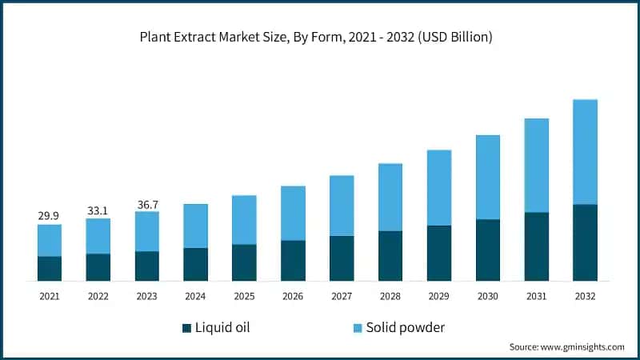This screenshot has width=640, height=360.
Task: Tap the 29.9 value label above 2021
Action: pyautogui.click(x=50, y=216)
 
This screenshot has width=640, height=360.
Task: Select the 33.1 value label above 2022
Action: pyautogui.click(x=98, y=210)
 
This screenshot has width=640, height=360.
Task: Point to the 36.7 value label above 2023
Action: pyautogui.click(x=146, y=204)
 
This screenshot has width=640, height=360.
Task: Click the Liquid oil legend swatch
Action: pyautogui.click(x=187, y=328)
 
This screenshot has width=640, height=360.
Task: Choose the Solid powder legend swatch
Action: pyautogui.click(x=358, y=328)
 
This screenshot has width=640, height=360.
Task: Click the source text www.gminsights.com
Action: pyautogui.click(x=566, y=347)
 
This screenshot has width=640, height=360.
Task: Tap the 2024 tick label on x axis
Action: pyautogui.click(x=195, y=296)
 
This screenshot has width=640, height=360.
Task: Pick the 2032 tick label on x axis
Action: pyautogui.click(x=585, y=296)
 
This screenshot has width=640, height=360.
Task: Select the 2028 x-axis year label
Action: pyautogui.click(x=390, y=296)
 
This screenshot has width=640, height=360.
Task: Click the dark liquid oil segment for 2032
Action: pyautogui.click(x=585, y=242)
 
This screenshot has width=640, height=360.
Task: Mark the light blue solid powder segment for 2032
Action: pyautogui.click(x=585, y=152)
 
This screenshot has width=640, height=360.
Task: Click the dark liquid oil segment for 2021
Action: pyautogui.click(x=50, y=268)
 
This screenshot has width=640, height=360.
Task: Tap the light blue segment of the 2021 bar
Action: pyautogui.click(x=50, y=240)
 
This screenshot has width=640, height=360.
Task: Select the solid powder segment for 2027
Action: pyautogui.click(x=342, y=206)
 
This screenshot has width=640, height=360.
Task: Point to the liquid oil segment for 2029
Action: pyautogui.click(x=439, y=253)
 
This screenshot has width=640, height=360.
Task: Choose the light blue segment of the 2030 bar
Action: pyautogui.click(x=488, y=177)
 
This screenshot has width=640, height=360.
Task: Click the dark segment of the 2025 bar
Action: pyautogui.click(x=244, y=262)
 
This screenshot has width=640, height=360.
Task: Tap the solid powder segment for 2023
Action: pyautogui.click(x=146, y=231)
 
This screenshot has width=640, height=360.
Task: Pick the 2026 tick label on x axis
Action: pyautogui.click(x=293, y=296)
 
